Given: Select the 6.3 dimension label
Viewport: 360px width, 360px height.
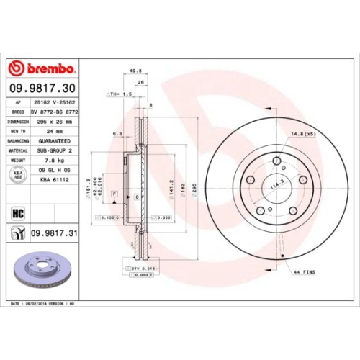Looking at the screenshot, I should click(117, 133).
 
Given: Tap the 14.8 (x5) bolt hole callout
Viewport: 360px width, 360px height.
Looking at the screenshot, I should click(304, 135).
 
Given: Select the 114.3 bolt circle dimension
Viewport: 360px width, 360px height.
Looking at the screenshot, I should click(276, 184).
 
